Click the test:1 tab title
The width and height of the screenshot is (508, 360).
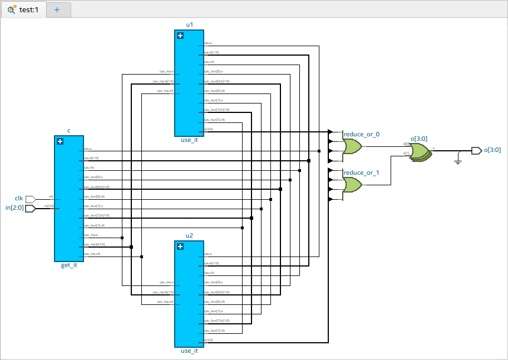29,9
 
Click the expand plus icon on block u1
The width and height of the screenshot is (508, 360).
180,36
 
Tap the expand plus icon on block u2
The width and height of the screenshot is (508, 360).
180,246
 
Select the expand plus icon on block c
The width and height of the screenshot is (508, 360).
60,141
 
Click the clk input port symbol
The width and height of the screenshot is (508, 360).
31,199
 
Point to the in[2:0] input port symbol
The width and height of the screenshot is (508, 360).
31,208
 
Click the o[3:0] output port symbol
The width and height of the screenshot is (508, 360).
476,150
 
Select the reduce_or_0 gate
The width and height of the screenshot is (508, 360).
352,146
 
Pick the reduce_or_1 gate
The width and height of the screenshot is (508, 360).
352,184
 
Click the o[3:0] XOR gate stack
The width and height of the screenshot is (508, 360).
420,152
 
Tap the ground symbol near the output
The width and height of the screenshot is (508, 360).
457,161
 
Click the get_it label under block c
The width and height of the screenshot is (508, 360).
69,265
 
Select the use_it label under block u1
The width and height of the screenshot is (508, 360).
189,140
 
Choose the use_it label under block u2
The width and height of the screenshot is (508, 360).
189,351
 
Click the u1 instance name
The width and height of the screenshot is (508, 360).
189,24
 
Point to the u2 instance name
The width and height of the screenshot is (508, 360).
189,235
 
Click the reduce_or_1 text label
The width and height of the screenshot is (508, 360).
361,172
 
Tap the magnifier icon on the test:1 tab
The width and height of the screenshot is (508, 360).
11,9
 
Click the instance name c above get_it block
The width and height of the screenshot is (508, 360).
69,131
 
